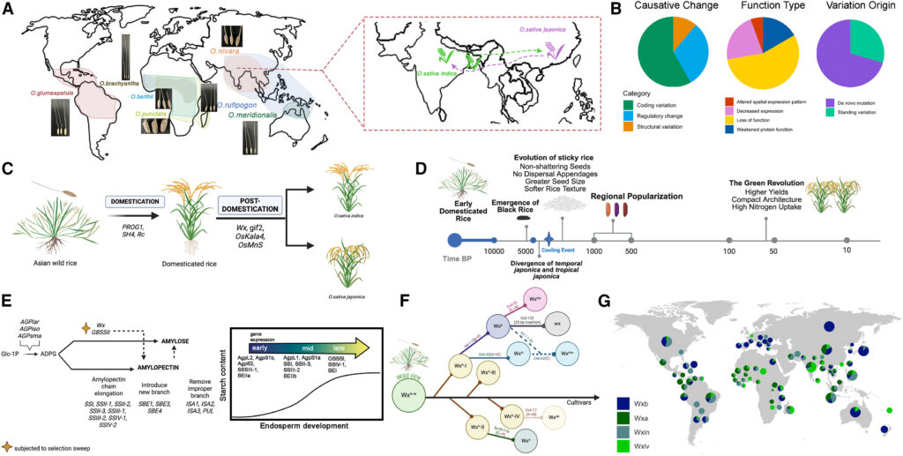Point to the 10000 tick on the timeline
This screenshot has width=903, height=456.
click(x=495, y=240)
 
